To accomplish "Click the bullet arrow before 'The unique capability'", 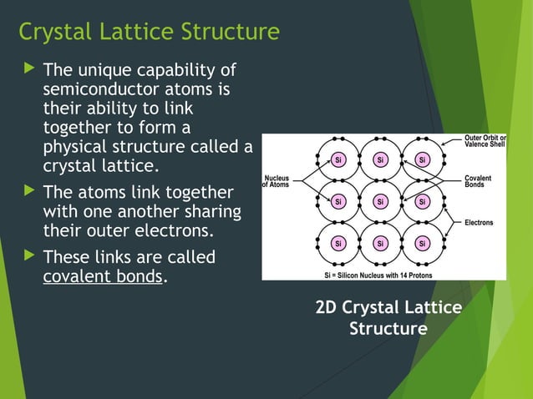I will coord(26,68).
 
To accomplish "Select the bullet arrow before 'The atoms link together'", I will coord(26,191).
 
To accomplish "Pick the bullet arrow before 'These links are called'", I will coord(26,256).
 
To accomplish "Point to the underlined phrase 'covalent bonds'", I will coord(102,276).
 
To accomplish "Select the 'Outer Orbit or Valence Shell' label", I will coord(485,141).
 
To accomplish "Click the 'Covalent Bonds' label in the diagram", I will coord(478,182).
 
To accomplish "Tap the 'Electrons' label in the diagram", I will coord(479,223).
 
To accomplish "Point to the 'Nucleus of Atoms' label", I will coord(277,181).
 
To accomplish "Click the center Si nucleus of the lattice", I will coord(380,201).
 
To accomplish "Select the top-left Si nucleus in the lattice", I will coord(338,159).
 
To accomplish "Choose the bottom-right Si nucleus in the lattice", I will coord(423,244).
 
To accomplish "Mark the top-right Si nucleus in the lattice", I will coord(423,159).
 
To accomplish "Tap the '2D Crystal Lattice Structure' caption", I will coord(388,318).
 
